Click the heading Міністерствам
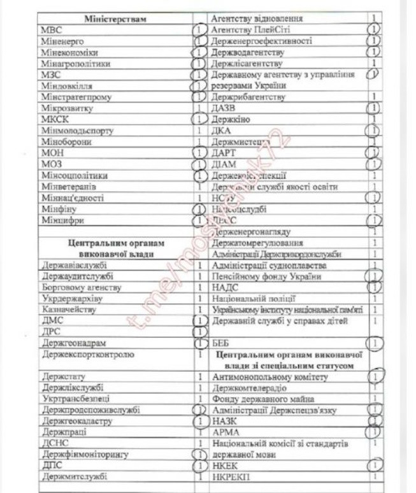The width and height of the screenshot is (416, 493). (x=115, y=18)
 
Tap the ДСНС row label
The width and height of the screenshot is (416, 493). (x=52, y=443)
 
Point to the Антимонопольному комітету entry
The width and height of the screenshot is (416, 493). (x=269, y=377)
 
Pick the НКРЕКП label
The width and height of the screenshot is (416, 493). (x=231, y=476)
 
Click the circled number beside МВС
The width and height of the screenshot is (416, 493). (x=199, y=30)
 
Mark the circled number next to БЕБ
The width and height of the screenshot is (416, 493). (x=376, y=343)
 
